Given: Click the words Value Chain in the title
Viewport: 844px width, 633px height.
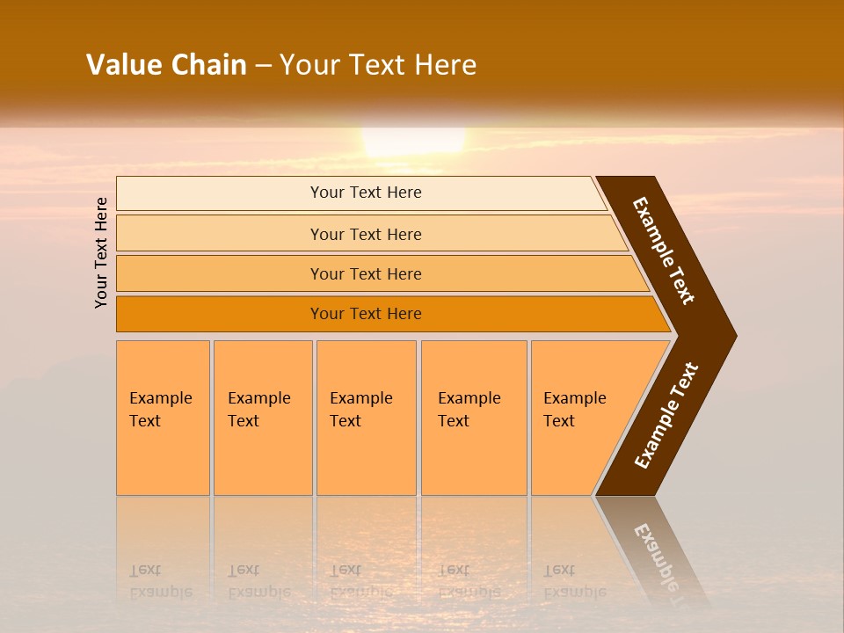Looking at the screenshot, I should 166,65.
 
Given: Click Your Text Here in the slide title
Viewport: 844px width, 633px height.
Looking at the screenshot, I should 378,65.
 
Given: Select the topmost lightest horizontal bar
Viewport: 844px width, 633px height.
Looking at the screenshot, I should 360,193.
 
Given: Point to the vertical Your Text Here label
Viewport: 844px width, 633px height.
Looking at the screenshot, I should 102,252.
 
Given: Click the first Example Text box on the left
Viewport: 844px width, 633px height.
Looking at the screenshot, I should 163,417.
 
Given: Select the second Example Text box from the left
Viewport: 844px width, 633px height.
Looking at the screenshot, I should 262,417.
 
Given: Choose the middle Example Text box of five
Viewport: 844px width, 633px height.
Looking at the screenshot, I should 366,417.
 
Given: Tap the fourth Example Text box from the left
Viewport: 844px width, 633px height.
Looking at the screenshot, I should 473,417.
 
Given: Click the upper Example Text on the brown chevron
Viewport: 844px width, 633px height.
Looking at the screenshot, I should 665,251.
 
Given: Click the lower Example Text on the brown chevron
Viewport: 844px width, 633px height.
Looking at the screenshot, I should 666,416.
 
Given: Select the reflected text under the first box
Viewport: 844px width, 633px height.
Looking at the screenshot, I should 160,581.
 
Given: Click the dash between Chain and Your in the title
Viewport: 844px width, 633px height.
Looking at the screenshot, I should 263,66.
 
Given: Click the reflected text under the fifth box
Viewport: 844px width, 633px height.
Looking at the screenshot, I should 573,581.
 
